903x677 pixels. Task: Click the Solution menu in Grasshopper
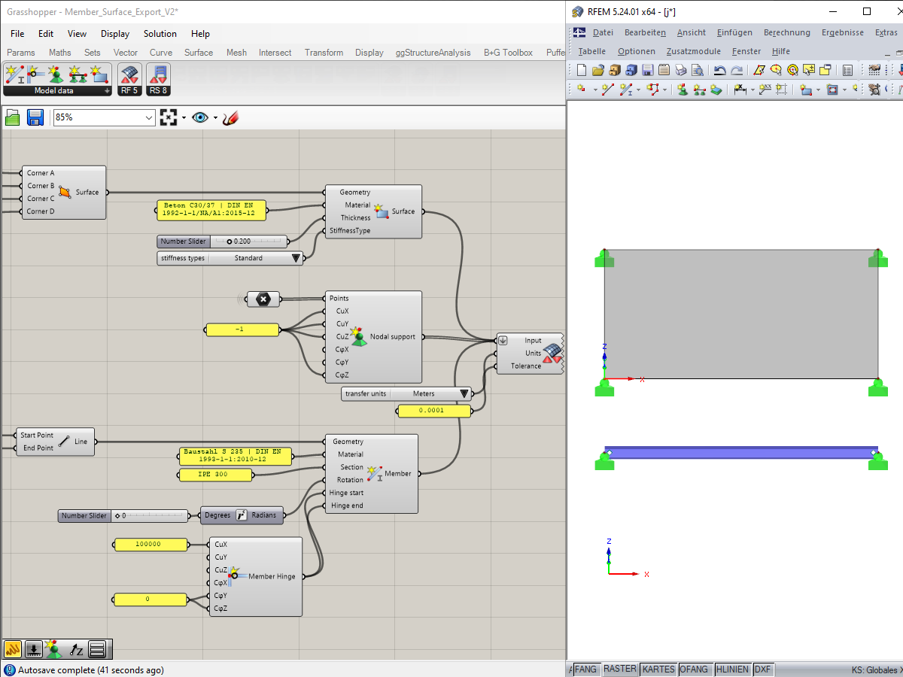[160, 34]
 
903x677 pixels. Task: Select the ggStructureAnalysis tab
[433, 53]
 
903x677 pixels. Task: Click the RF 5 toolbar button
[129, 79]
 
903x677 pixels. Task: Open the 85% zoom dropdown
[148, 117]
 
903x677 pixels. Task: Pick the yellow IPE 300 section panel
[214, 475]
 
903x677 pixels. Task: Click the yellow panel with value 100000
[150, 544]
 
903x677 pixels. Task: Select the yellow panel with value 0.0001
[433, 410]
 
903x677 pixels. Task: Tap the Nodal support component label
[392, 337]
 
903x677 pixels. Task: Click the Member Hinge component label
[272, 576]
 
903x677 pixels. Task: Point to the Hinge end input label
[347, 505]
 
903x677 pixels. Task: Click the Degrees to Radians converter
[242, 515]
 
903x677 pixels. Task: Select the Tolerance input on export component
[526, 366]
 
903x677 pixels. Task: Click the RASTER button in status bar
[619, 669]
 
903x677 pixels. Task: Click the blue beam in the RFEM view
[741, 452]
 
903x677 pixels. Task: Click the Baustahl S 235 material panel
[235, 455]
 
